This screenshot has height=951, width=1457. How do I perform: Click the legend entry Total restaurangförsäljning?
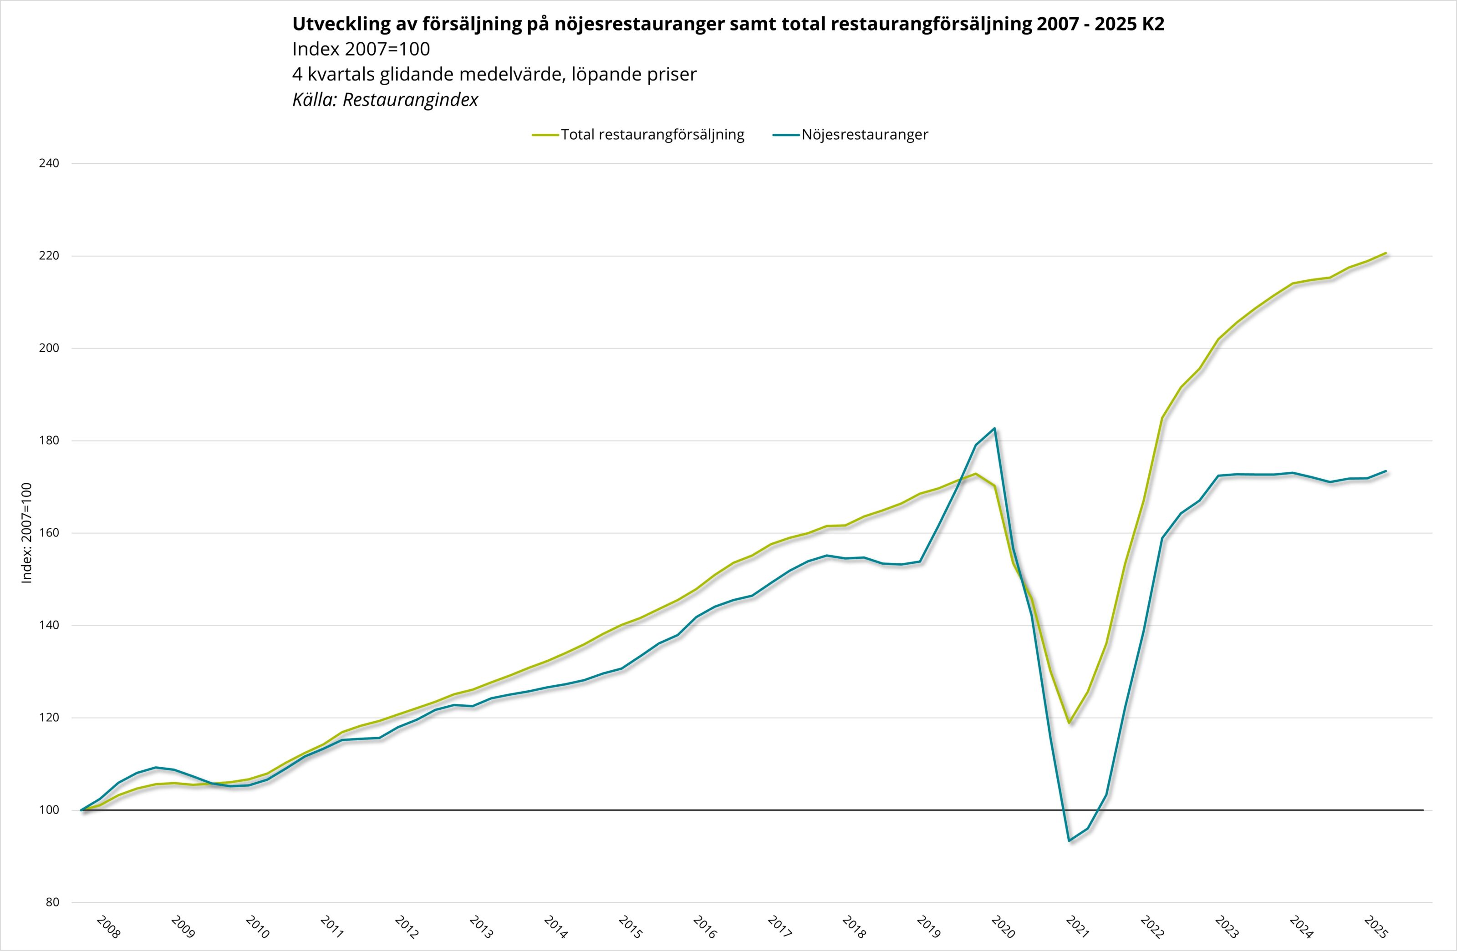click(x=652, y=135)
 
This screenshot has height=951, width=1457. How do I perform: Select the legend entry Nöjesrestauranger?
click(x=864, y=135)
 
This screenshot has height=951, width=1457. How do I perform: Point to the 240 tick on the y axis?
click(x=49, y=163)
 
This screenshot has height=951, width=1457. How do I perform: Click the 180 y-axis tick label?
click(x=49, y=440)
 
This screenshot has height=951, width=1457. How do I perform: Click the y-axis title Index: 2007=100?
click(x=26, y=532)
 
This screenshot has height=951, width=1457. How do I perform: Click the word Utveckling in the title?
click(x=338, y=24)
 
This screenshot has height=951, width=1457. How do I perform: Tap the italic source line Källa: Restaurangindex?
click(x=385, y=100)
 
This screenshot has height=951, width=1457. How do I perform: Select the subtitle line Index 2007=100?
click(x=361, y=49)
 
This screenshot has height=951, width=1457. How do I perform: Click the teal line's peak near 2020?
click(x=995, y=428)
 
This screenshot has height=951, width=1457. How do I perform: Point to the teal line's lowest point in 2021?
click(x=1070, y=840)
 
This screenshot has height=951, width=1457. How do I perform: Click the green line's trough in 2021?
click(x=1070, y=723)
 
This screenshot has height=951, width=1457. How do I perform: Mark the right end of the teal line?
click(x=1386, y=471)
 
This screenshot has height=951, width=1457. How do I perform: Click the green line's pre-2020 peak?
click(x=976, y=474)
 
